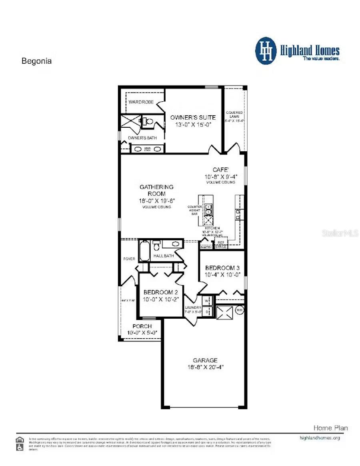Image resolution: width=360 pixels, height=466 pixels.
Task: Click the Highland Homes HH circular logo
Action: (x=266, y=51)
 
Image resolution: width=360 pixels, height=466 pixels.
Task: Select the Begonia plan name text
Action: (x=36, y=61)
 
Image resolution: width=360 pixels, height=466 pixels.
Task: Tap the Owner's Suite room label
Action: (x=193, y=117)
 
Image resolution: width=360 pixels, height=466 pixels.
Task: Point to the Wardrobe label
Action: (x=141, y=102)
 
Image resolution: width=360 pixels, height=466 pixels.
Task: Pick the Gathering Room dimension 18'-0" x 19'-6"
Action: (x=156, y=201)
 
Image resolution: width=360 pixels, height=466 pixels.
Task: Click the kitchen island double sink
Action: (x=208, y=209)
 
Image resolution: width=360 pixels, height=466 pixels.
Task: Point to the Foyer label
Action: (x=129, y=259)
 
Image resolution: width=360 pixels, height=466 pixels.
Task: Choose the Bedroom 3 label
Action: (x=220, y=268)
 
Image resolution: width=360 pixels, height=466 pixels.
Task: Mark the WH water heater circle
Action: (x=240, y=309)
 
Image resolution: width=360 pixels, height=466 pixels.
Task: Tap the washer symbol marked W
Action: (x=207, y=300)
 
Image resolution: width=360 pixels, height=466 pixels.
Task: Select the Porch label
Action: (x=142, y=326)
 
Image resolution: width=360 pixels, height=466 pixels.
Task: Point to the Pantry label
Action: (x=206, y=247)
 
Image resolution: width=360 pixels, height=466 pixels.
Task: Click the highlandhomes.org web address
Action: (x=320, y=438)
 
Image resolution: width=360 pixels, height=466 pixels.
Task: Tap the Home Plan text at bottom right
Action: (x=330, y=428)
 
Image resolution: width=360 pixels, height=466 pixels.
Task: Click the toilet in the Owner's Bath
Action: (x=148, y=121)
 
